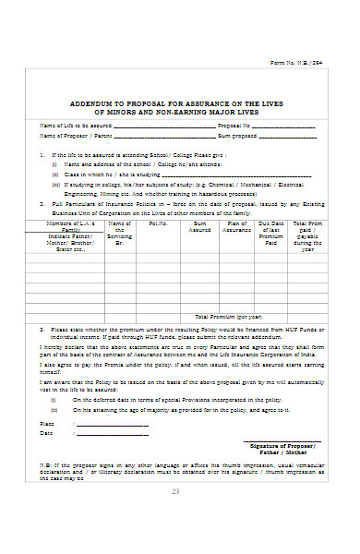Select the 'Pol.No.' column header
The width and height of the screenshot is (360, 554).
click(158, 223)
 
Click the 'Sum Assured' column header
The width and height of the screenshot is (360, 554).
click(198, 226)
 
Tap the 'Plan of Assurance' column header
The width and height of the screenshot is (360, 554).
click(237, 226)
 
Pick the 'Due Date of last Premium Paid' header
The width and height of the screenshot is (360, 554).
click(271, 232)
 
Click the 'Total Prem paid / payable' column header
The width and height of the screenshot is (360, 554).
click(308, 235)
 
